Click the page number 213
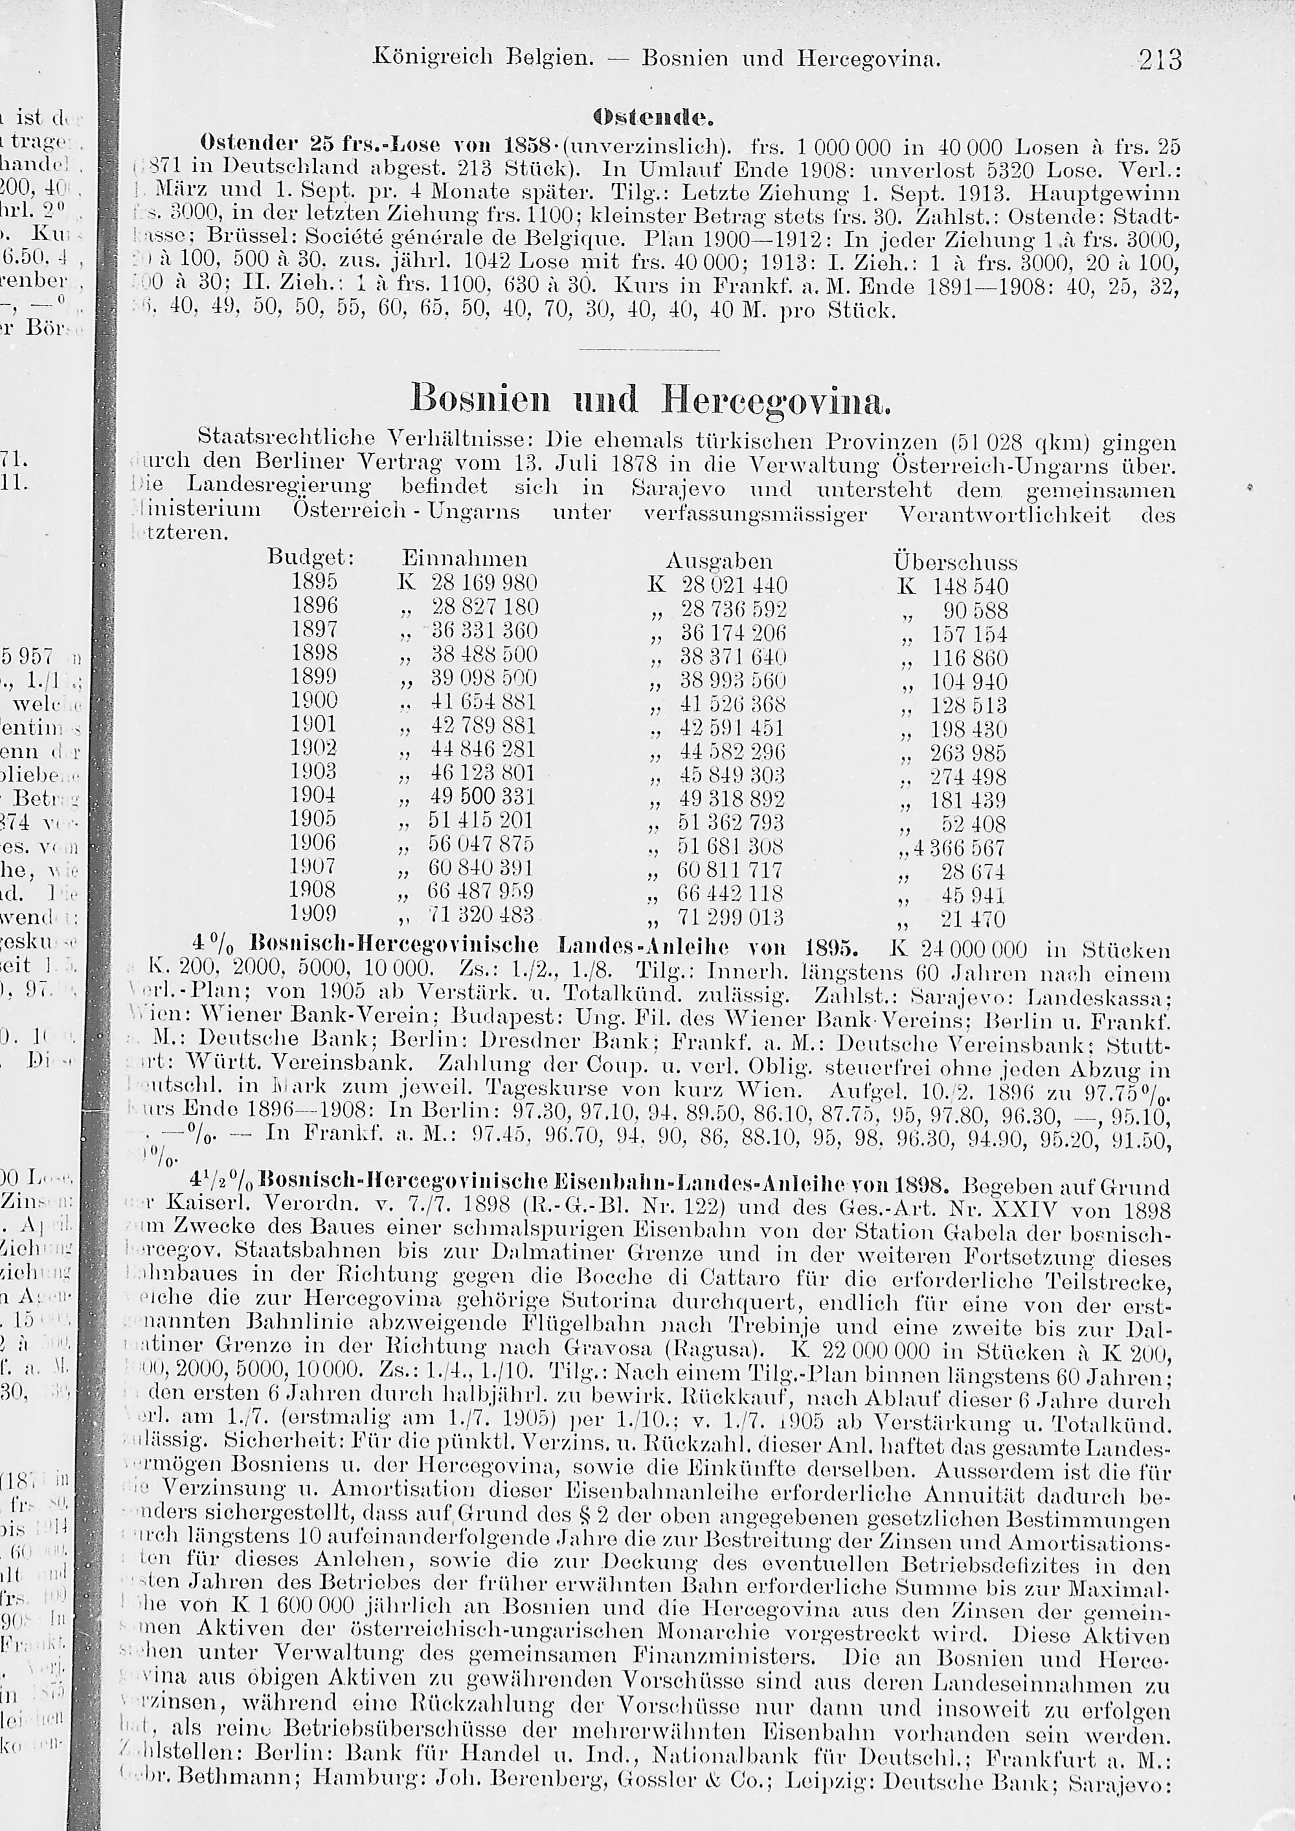[1160, 60]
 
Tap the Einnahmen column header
[464, 557]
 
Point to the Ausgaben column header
[719, 560]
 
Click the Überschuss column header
[954, 561]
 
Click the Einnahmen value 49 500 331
[483, 796]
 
